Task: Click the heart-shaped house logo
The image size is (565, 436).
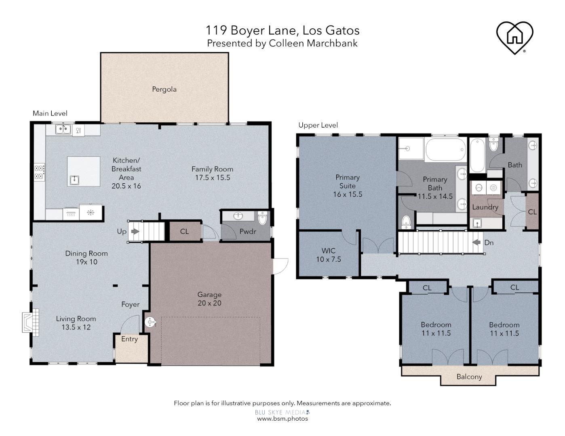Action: (x=514, y=36)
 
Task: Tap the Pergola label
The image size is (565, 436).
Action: (x=164, y=89)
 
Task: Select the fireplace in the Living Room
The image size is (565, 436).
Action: (x=31, y=321)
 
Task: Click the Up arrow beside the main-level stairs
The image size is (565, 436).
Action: (x=135, y=232)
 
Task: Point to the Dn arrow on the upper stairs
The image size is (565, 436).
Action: (x=477, y=243)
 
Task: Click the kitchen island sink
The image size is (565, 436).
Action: (x=74, y=180)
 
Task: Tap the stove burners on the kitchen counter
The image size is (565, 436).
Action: (x=39, y=172)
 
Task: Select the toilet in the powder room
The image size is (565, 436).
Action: (x=262, y=219)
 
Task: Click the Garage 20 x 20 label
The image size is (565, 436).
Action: (x=209, y=299)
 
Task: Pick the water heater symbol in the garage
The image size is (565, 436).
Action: (x=150, y=322)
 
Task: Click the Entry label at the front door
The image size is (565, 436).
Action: (x=129, y=339)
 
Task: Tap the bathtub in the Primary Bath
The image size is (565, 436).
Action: (x=446, y=150)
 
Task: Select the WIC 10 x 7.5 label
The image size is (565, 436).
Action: (x=328, y=255)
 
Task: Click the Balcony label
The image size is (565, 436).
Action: (x=469, y=377)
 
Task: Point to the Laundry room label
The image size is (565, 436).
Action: (x=485, y=207)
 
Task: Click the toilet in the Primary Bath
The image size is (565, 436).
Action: (x=406, y=221)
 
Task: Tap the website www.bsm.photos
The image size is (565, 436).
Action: (x=282, y=419)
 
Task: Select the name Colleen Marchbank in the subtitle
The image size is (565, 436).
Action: (x=313, y=43)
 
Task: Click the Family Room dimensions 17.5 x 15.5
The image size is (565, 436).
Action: (x=212, y=178)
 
